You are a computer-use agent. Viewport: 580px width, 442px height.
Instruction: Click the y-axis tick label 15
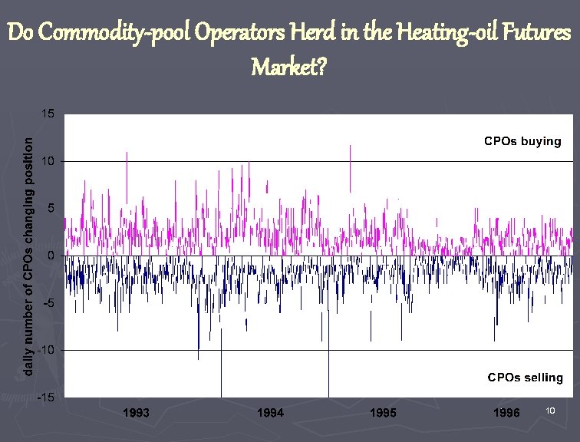pyautogui.click(x=48, y=114)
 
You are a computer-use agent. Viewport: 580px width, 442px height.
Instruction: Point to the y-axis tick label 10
pyautogui.click(x=48, y=161)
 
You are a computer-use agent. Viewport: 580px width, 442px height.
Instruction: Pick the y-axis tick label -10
pyautogui.click(x=47, y=350)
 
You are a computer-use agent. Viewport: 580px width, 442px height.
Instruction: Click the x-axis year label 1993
pyautogui.click(x=136, y=413)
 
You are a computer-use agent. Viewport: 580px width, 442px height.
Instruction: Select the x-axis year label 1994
pyautogui.click(x=270, y=413)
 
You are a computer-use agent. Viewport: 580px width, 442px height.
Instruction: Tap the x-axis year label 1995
pyautogui.click(x=383, y=413)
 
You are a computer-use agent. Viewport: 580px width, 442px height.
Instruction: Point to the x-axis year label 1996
pyautogui.click(x=506, y=413)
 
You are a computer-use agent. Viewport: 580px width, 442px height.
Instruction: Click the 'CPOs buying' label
pyautogui.click(x=522, y=141)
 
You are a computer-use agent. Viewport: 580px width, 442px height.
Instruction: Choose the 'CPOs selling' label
pyautogui.click(x=526, y=378)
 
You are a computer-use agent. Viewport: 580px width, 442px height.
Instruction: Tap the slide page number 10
pyautogui.click(x=550, y=412)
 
